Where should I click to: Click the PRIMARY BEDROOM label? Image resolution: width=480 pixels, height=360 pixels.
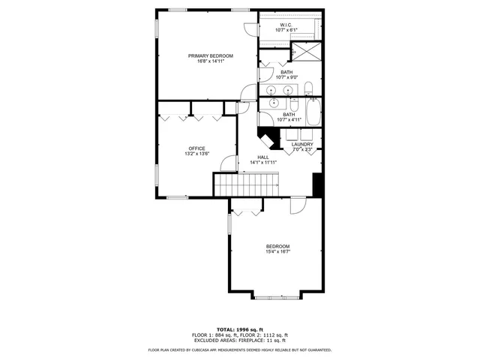210,56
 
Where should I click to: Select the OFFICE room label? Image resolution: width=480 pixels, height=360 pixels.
196,148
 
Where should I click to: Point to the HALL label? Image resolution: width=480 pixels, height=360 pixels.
263,157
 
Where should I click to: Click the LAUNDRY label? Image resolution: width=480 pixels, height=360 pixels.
302,144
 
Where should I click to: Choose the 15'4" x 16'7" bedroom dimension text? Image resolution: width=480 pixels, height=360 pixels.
277,252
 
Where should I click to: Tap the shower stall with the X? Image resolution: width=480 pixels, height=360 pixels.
305,51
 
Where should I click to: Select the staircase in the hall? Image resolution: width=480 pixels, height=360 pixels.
246,183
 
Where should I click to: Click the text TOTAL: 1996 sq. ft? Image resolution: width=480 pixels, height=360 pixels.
240,329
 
